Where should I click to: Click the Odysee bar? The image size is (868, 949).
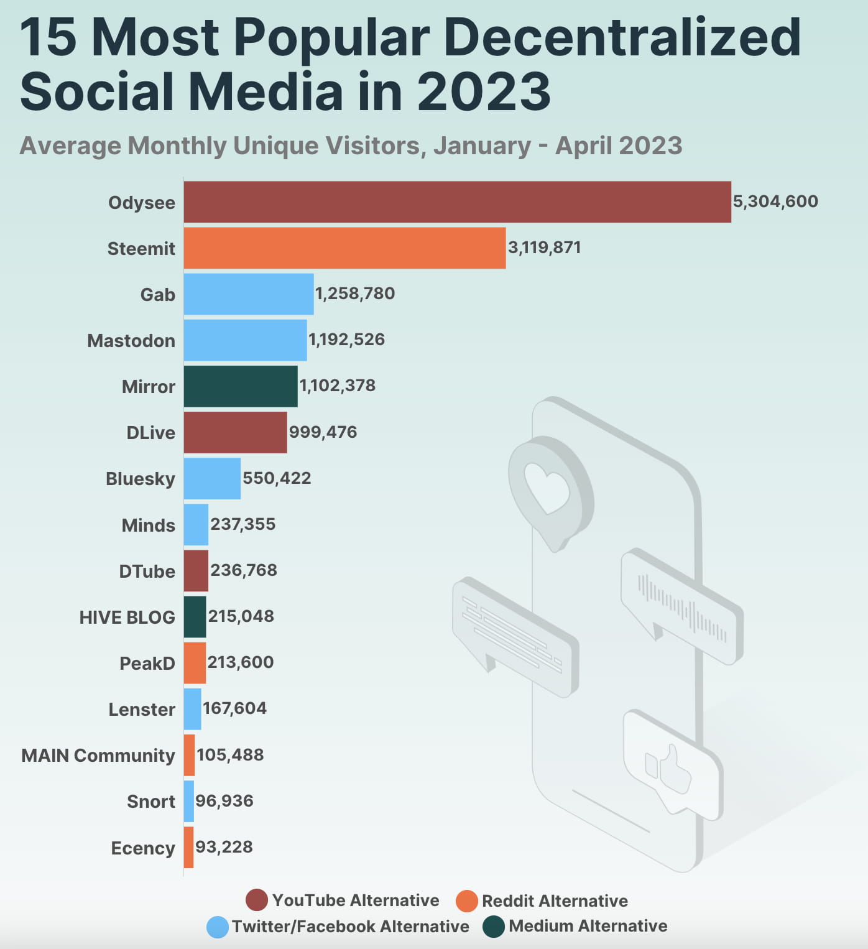click(x=457, y=202)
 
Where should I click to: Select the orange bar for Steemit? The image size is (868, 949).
click(x=344, y=248)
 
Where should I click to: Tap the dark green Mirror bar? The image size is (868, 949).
click(x=241, y=386)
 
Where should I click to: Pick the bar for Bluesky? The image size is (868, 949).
click(x=212, y=478)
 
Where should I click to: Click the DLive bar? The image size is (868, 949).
click(x=235, y=432)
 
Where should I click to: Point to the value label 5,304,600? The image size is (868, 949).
click(x=775, y=201)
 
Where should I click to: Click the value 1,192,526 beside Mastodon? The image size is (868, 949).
click(x=346, y=340)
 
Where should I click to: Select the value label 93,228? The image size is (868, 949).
click(x=224, y=847)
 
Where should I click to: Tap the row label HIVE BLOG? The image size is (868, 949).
click(x=127, y=618)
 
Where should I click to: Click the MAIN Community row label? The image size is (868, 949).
click(x=98, y=756)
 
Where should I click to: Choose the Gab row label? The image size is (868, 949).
click(x=157, y=294)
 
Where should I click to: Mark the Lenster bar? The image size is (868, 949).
click(x=192, y=709)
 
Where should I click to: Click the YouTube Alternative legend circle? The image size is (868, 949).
click(x=257, y=900)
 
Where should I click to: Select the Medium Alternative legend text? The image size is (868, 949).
click(x=588, y=926)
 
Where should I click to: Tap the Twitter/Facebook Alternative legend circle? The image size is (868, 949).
click(x=218, y=927)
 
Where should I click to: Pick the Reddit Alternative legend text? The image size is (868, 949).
click(x=555, y=900)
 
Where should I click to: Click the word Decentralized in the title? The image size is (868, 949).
click(x=622, y=37)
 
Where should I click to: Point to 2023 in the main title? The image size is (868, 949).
click(x=483, y=91)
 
